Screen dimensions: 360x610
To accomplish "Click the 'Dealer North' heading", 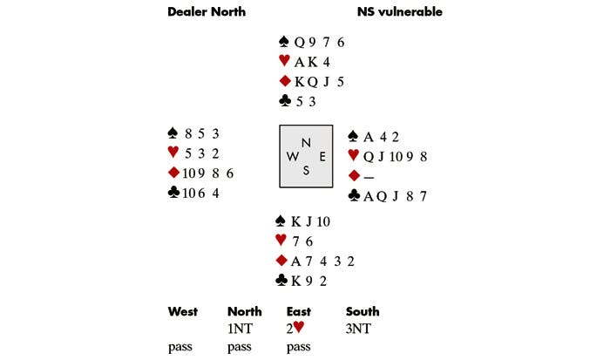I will pos(206,12).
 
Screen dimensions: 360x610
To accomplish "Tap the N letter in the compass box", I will pos(304,142).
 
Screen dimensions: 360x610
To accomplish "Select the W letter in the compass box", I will pos(289,157).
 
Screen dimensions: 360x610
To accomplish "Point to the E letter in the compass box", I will pos(322,157).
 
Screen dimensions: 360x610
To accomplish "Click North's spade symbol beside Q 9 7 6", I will pos(283,42).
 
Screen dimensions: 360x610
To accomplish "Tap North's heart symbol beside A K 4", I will pos(283,62).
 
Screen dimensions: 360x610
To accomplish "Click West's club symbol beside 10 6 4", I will pos(173,193).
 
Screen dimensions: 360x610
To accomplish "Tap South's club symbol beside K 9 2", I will pos(281,281).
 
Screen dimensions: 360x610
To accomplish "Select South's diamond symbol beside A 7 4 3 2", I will pos(282,261).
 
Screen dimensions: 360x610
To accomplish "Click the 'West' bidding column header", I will pos(182,311).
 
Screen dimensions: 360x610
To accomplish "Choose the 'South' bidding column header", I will pos(363,311).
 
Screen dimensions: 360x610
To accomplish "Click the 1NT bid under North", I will pos(239,329).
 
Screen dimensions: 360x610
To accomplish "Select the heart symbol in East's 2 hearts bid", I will pos(301,329).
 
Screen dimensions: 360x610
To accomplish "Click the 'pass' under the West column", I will pos(180,346).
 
